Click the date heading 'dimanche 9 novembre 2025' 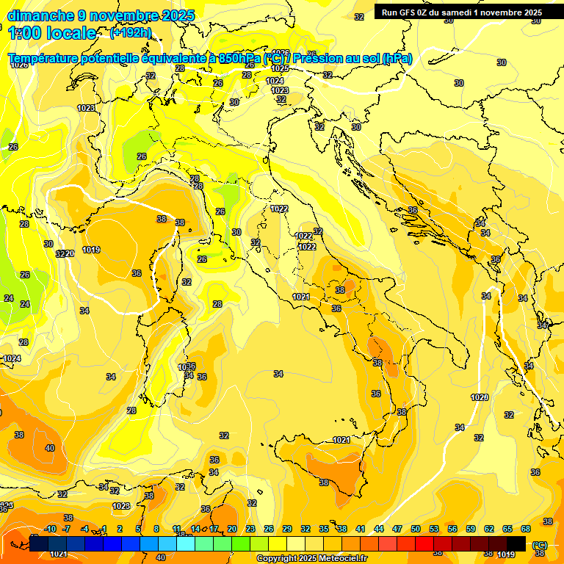(x=101, y=15)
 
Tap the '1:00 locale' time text (x=52, y=32)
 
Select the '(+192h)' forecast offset (x=131, y=32)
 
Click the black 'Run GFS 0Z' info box (x=461, y=12)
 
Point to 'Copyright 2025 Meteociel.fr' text (x=311, y=559)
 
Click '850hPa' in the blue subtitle (x=240, y=59)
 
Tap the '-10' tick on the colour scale (x=50, y=529)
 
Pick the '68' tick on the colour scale (x=526, y=529)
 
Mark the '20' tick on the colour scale (x=232, y=529)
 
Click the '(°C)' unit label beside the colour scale (x=540, y=545)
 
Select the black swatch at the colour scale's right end (x=516, y=543)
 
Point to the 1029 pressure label (x=480, y=397)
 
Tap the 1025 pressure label (x=280, y=68)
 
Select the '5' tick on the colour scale (x=139, y=529)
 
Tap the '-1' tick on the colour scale (x=104, y=529)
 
